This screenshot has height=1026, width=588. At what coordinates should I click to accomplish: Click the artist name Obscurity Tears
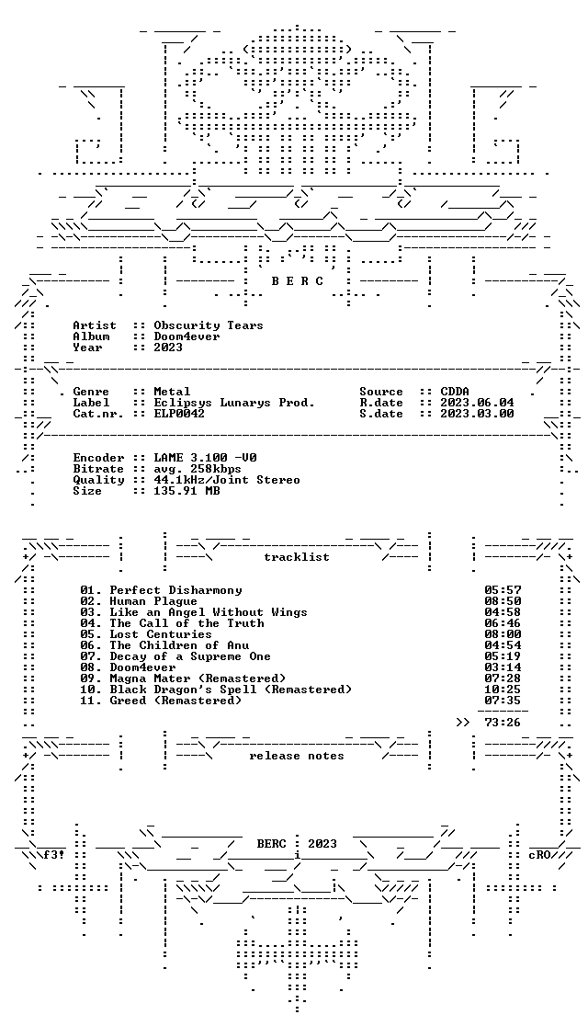(x=209, y=325)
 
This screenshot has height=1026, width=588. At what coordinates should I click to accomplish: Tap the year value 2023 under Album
(x=168, y=348)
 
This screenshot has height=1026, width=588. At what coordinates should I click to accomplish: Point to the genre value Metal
(x=172, y=392)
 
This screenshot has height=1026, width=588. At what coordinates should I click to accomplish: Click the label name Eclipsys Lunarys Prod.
(x=234, y=403)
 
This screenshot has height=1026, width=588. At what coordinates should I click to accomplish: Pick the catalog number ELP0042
(x=179, y=414)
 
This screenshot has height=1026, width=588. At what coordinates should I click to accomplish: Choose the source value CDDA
(x=455, y=392)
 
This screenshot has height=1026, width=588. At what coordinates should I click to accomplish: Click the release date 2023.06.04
(x=477, y=403)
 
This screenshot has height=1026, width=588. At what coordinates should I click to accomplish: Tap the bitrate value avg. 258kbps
(x=198, y=469)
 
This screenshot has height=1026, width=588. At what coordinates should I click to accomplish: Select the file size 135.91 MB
(x=187, y=491)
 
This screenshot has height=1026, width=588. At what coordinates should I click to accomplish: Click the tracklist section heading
(x=296, y=557)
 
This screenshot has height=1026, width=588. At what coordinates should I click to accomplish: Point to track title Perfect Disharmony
(x=175, y=590)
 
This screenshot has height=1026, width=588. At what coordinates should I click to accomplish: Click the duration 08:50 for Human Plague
(x=503, y=600)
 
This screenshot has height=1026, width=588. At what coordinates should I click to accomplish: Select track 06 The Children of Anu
(x=164, y=645)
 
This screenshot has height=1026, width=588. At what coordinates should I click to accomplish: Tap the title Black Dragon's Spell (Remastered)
(x=231, y=689)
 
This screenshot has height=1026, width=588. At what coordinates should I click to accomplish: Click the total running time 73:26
(x=503, y=723)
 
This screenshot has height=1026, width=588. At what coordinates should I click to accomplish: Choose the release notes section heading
(x=296, y=756)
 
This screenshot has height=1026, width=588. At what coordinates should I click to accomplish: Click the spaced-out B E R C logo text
(x=297, y=281)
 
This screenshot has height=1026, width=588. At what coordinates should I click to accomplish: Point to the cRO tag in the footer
(x=539, y=854)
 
